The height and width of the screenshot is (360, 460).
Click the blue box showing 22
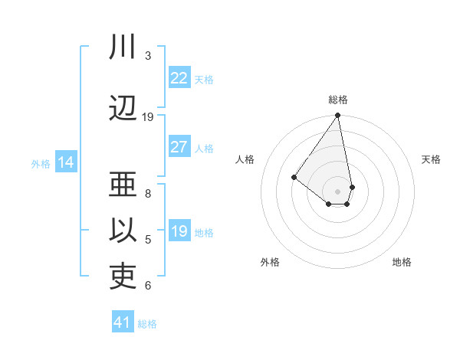179,78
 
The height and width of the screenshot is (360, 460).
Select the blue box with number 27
179,147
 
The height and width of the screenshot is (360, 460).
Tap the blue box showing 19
179,231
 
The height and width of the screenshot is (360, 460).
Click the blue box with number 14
66,162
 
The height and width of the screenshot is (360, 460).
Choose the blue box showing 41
123,322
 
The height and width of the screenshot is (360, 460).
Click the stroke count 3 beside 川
148,56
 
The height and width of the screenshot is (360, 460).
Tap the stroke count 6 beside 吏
148,286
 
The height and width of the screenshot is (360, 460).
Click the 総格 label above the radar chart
338,100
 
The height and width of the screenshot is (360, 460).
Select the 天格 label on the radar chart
431,159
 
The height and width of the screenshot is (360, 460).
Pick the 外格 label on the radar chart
270,262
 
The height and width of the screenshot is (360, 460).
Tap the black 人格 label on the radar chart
245,159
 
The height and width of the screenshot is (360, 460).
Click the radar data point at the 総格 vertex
338,116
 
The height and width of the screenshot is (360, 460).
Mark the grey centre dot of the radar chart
338,191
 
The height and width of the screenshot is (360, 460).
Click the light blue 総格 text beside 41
147,324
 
